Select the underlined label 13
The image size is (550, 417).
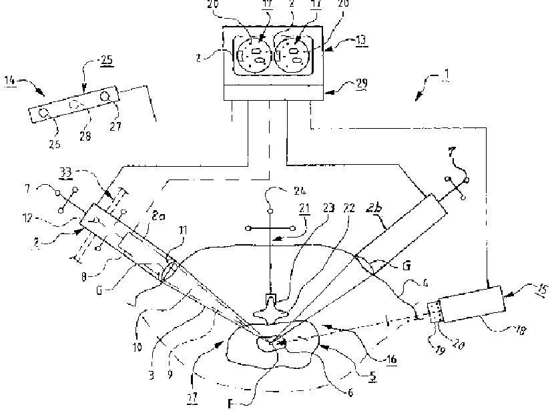coord(361,41)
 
